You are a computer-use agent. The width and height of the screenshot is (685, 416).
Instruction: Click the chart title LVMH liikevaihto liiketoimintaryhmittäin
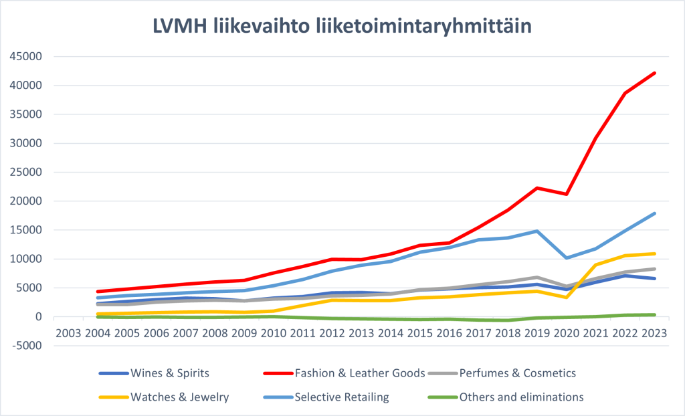[342, 27]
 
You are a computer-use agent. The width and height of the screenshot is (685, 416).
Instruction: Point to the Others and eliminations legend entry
[521, 397]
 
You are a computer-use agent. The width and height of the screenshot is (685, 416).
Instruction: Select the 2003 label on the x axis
[69, 333]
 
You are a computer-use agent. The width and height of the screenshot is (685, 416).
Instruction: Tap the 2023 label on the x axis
[655, 333]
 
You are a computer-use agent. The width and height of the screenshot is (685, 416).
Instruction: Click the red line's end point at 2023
[655, 73]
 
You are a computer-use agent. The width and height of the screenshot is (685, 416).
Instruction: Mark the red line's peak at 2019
[537, 188]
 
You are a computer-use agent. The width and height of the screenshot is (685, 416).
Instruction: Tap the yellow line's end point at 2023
[655, 253]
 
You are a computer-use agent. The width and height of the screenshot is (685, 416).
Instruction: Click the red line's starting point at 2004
[99, 292]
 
